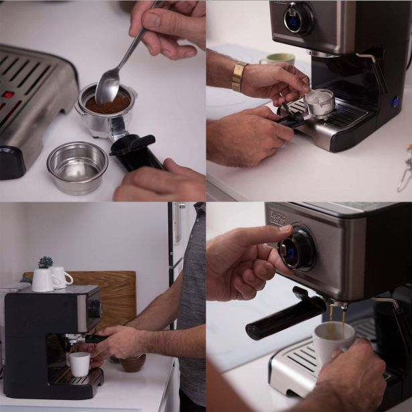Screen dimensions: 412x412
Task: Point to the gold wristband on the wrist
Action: pos(238,76)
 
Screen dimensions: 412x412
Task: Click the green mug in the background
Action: pos(277,60)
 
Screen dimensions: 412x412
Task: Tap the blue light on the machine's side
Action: pos(395,102)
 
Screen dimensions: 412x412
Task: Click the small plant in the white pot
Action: pos(46,262)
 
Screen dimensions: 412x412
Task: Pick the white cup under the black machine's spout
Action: pos(80,364)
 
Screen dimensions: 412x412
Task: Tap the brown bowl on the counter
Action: pos(132,362)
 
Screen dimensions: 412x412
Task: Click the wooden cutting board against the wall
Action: pos(111,295)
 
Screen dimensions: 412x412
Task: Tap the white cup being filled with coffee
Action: pos(334,342)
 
